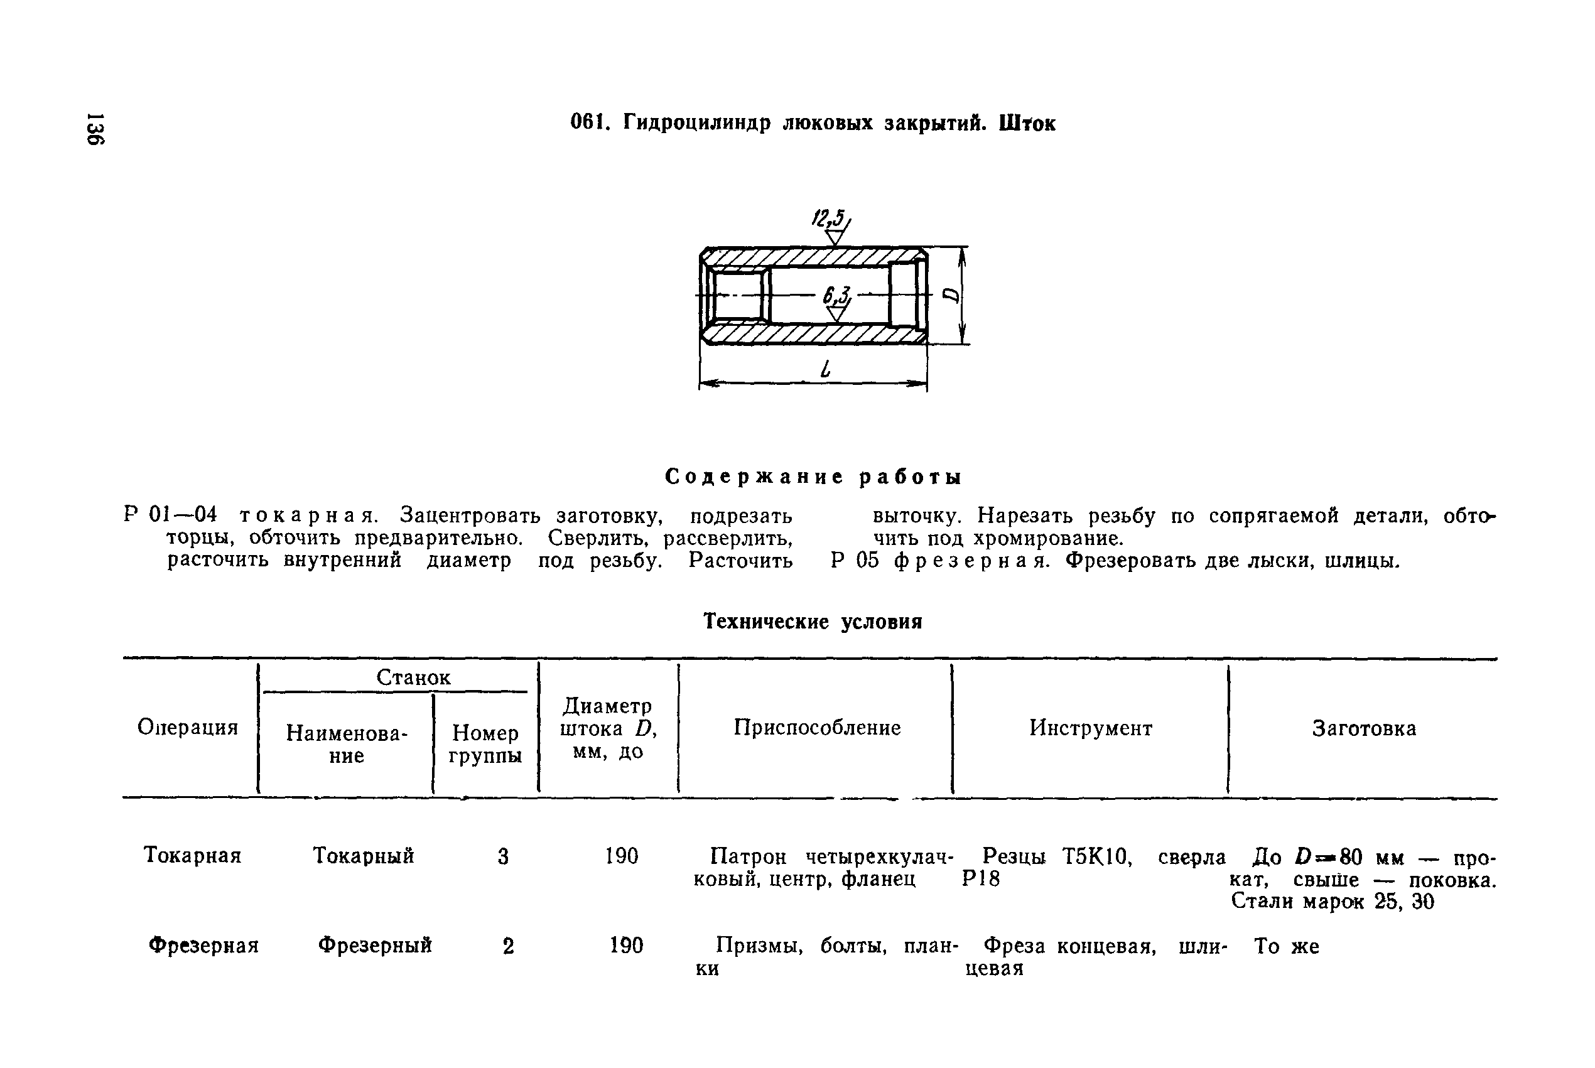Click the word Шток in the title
[1027, 123]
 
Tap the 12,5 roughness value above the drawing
[829, 219]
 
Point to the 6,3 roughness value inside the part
[836, 296]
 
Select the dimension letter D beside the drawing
[951, 295]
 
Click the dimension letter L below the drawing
[826, 370]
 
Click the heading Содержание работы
[813, 477]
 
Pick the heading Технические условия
[813, 621]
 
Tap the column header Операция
[188, 728]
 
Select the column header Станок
[413, 677]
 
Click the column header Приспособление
[816, 728]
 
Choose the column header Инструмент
[1090, 728]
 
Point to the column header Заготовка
[1364, 728]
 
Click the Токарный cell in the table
[363, 856]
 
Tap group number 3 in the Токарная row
[503, 856]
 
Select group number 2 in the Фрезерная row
[508, 946]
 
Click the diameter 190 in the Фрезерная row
[626, 946]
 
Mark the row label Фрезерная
[203, 946]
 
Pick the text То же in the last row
[1287, 946]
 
